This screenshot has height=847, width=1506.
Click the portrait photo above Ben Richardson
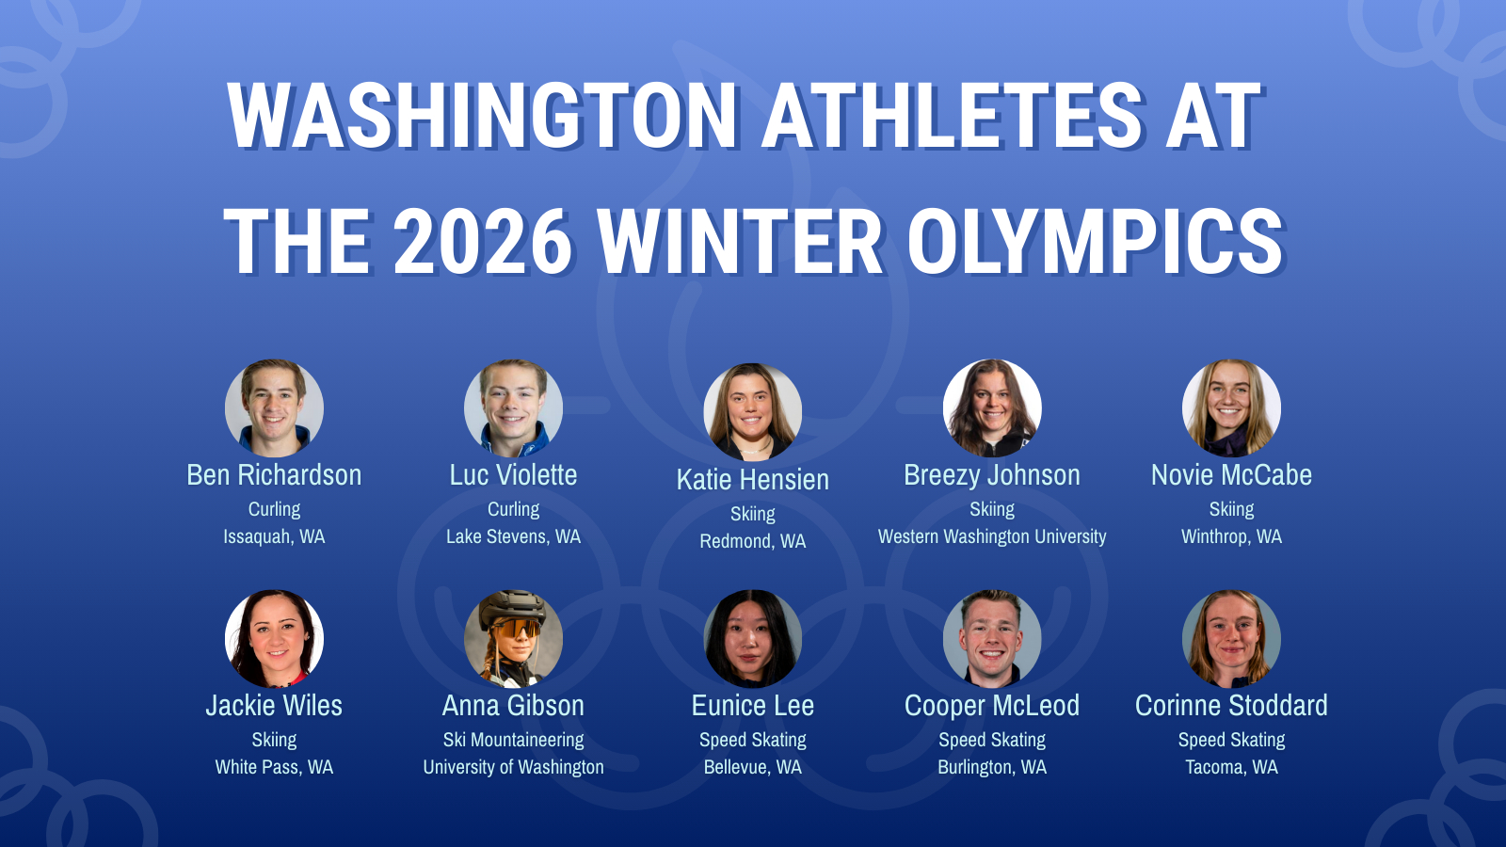pyautogui.click(x=274, y=408)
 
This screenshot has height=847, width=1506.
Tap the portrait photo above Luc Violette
pyautogui.click(x=514, y=408)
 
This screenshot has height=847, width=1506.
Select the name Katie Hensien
pyautogui.click(x=753, y=480)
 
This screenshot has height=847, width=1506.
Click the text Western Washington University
pyautogui.click(x=992, y=536)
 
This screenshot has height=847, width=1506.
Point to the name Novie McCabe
pyautogui.click(x=1232, y=475)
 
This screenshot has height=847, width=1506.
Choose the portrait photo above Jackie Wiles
pyautogui.click(x=274, y=639)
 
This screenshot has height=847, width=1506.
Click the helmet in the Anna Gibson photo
pyautogui.click(x=512, y=606)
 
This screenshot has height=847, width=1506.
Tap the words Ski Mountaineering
pyautogui.click(x=514, y=740)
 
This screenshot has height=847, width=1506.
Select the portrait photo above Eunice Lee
pyautogui.click(x=753, y=639)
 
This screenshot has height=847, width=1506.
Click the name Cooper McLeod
pyautogui.click(x=992, y=706)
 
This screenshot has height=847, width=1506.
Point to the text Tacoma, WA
pyautogui.click(x=1232, y=767)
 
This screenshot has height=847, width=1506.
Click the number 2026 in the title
pyautogui.click(x=484, y=241)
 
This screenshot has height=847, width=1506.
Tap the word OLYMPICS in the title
pyautogui.click(x=1096, y=241)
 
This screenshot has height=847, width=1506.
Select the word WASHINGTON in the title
pyautogui.click(x=483, y=115)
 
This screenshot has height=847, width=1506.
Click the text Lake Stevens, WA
pyautogui.click(x=514, y=536)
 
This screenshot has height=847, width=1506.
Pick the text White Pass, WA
pyautogui.click(x=274, y=767)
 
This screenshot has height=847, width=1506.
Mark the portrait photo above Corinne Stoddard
pyautogui.click(x=1232, y=639)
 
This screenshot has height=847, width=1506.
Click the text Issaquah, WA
pyautogui.click(x=274, y=536)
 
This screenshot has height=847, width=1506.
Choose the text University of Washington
pyautogui.click(x=514, y=767)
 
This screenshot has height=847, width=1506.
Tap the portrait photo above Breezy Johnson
pyautogui.click(x=992, y=408)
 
